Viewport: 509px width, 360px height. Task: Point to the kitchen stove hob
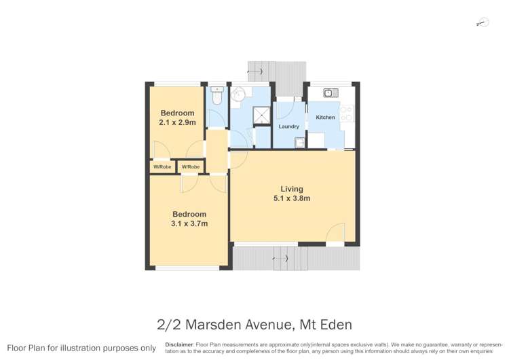(347, 113)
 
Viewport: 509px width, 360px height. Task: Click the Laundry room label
(288, 126)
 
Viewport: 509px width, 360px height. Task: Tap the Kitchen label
(325, 118)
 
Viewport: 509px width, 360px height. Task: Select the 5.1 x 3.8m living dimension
(292, 199)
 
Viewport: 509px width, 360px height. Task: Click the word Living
(292, 189)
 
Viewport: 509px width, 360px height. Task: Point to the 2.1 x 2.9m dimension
(176, 123)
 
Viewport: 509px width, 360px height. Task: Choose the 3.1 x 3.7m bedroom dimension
(189, 223)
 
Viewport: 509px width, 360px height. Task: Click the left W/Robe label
(162, 166)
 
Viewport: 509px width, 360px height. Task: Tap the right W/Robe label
(190, 166)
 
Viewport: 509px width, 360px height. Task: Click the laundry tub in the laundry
(299, 142)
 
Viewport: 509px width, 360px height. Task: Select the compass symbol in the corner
(483, 23)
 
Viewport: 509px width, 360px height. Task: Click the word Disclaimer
(178, 344)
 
